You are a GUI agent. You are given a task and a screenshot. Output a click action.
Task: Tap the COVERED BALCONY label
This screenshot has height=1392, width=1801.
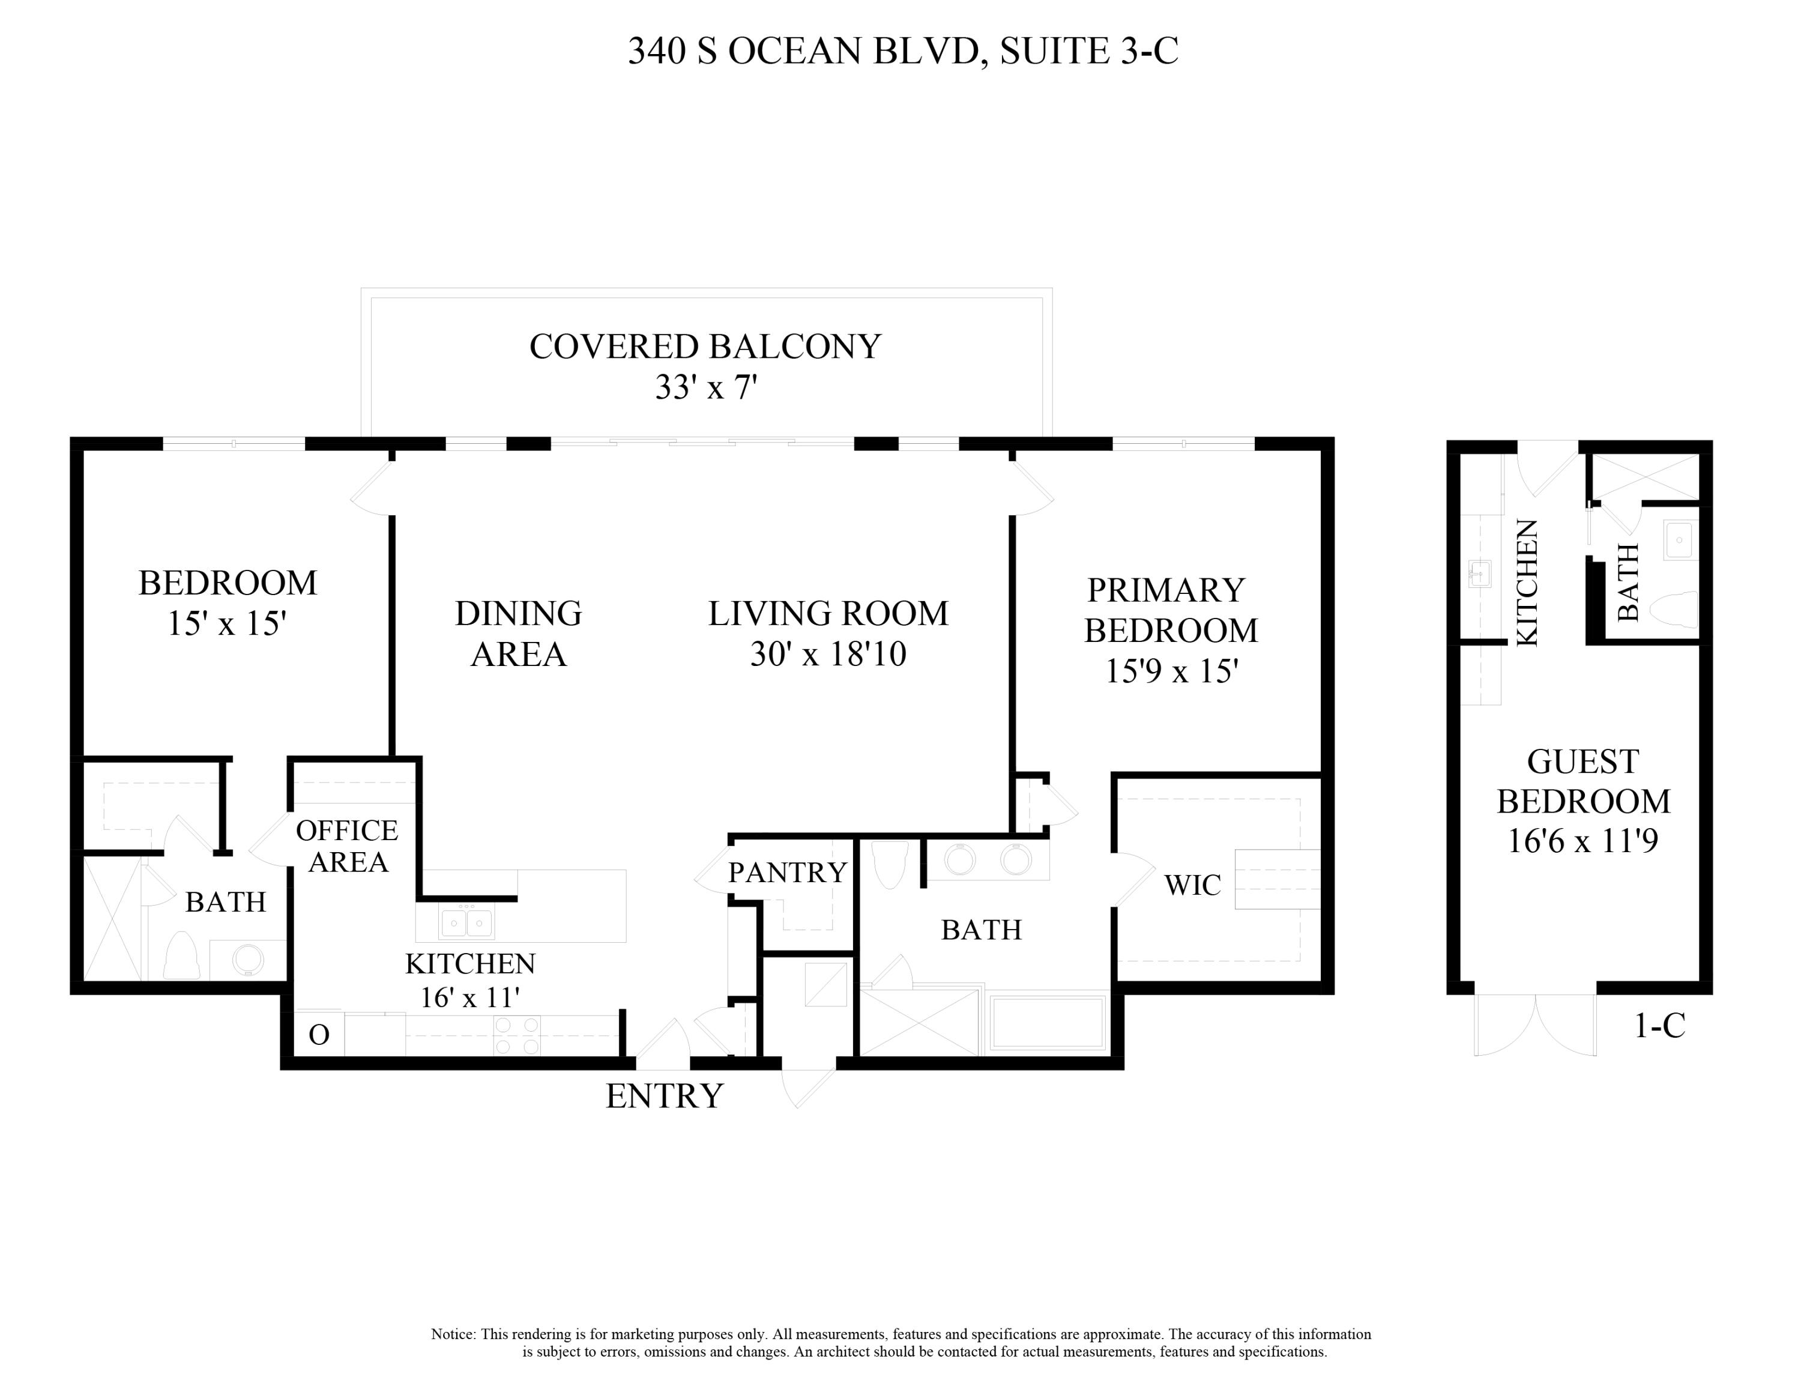[x=705, y=346]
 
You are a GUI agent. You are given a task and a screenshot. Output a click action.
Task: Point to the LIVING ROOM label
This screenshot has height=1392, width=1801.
[x=828, y=614]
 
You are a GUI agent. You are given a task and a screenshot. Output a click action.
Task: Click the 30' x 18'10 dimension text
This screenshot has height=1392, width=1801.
[x=828, y=654]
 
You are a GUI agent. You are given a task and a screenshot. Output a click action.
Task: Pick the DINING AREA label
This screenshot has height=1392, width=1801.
[x=519, y=634]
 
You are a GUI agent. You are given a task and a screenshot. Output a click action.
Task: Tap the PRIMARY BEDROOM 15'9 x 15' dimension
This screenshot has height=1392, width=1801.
[x=1171, y=671]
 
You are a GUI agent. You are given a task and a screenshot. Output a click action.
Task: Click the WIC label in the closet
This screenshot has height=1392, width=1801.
[x=1192, y=885]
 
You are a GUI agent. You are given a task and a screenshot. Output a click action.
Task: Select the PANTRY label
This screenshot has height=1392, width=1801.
[x=788, y=871]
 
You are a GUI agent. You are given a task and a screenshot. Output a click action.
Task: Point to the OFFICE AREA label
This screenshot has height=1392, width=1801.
[x=347, y=846]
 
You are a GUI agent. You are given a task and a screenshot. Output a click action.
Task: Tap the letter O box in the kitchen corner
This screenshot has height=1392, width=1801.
[x=319, y=1034]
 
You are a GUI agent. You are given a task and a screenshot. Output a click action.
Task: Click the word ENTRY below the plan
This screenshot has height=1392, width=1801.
[x=664, y=1096]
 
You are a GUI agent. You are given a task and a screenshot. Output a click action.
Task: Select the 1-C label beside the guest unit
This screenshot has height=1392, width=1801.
[x=1659, y=1025]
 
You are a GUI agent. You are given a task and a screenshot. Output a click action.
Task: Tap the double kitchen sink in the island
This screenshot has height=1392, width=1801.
[x=466, y=922]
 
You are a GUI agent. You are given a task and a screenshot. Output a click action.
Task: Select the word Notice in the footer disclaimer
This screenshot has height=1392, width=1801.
[x=453, y=1334]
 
